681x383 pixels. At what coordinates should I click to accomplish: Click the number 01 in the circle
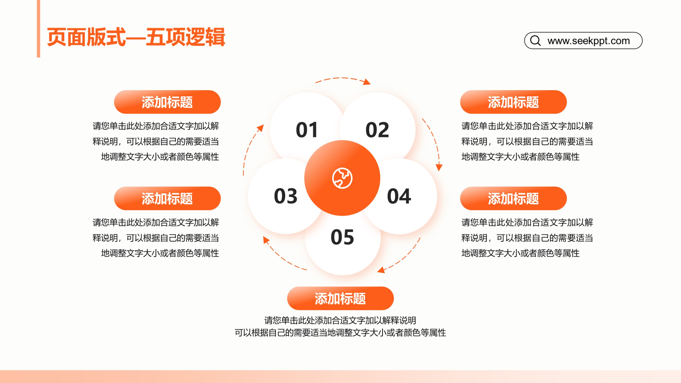click(x=307, y=130)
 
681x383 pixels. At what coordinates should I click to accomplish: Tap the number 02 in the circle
click(x=377, y=130)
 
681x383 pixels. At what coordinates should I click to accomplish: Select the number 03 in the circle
click(x=285, y=196)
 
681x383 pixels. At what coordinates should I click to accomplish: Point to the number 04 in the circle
click(x=399, y=196)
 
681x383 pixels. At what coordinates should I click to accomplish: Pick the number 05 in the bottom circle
click(x=342, y=237)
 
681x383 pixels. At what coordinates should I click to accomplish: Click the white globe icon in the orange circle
click(x=342, y=178)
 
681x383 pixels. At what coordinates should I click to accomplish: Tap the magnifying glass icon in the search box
click(x=535, y=41)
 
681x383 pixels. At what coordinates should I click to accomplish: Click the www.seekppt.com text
click(x=589, y=41)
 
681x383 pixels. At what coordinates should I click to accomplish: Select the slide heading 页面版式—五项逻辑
click(x=136, y=37)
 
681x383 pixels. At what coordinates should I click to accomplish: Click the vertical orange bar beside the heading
click(x=38, y=29)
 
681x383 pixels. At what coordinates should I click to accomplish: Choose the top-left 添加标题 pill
click(x=167, y=102)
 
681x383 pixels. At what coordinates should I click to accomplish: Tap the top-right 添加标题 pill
click(x=513, y=102)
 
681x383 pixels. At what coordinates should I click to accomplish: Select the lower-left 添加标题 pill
click(x=167, y=198)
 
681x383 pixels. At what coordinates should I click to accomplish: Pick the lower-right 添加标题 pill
click(x=513, y=198)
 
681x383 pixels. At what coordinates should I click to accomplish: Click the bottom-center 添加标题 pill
click(x=340, y=298)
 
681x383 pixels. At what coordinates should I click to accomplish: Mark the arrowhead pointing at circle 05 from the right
click(x=381, y=270)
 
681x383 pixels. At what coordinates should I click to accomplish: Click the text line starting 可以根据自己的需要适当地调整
click(x=340, y=333)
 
